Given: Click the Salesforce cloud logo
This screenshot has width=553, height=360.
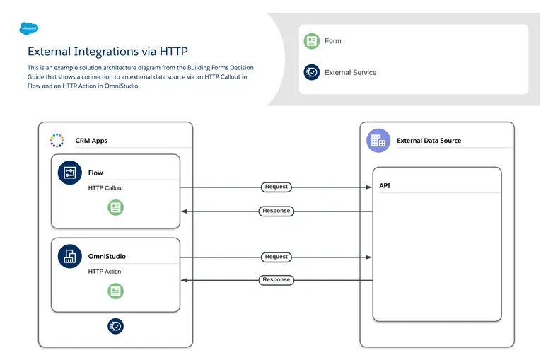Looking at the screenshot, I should [29, 28].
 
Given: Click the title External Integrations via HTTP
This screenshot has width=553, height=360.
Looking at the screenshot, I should [107, 52].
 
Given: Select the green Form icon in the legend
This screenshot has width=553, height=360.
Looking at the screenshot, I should [311, 41].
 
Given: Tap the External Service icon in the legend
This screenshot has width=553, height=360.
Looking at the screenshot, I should [311, 72].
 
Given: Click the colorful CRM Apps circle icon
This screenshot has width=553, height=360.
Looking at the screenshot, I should [57, 140].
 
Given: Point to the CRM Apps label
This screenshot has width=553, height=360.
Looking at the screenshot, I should [91, 141].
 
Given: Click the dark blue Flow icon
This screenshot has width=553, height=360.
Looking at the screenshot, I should [70, 173].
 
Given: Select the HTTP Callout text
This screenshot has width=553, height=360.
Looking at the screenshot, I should [105, 188].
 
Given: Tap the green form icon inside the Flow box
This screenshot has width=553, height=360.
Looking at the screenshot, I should [116, 207].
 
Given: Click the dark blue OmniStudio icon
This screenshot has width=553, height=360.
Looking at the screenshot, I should [70, 256].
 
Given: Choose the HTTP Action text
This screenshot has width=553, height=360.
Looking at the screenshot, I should [104, 272].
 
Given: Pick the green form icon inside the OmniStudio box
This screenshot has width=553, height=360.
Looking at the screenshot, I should [116, 291].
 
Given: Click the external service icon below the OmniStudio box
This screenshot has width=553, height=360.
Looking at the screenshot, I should [116, 325].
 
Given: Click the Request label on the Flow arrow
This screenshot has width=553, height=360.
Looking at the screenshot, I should [276, 187].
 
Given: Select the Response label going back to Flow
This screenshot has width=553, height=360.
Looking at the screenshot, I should [276, 211].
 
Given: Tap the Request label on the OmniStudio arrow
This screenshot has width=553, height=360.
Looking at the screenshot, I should [276, 257].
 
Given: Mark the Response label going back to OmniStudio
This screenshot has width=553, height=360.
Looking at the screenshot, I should [276, 279].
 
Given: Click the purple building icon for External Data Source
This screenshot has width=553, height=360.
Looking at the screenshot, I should [378, 140].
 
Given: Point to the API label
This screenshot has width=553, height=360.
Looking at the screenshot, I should [385, 186].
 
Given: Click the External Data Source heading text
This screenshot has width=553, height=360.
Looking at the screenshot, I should [429, 141].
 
